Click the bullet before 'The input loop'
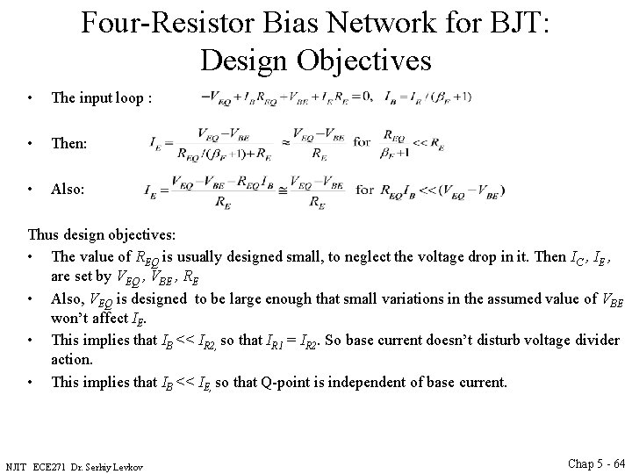click(31, 99)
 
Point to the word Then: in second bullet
click(69, 142)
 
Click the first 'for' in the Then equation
click(363, 140)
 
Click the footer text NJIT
click(18, 464)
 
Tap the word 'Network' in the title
click(347, 24)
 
